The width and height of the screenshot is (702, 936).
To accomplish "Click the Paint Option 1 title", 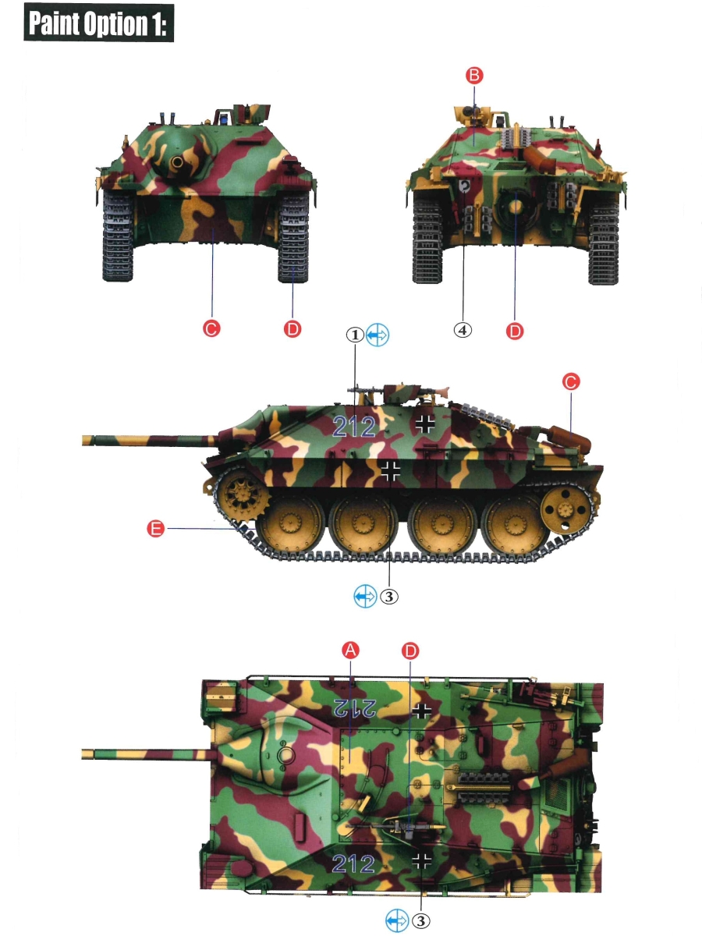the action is click(x=98, y=23).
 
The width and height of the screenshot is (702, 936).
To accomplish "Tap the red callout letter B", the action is click(x=474, y=76).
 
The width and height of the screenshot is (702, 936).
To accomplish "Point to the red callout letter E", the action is click(x=155, y=529).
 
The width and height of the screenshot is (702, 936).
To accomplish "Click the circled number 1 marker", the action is click(x=355, y=335).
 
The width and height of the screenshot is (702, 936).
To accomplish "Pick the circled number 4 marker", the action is click(x=463, y=330).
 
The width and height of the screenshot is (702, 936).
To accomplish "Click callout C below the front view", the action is click(x=211, y=328).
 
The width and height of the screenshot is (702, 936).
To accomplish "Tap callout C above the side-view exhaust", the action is click(x=571, y=381).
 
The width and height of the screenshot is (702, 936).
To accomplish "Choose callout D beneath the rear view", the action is click(x=515, y=331).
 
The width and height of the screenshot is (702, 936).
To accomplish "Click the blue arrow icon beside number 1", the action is click(x=378, y=335).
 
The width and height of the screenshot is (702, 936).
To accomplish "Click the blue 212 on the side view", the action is click(x=354, y=427).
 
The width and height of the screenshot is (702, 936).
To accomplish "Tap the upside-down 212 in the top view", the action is click(x=355, y=707).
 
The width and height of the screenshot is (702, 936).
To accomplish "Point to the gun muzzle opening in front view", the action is click(x=177, y=162).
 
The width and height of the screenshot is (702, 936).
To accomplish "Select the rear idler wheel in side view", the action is click(x=565, y=510).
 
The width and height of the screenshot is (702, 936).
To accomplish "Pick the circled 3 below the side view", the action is click(x=388, y=596).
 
